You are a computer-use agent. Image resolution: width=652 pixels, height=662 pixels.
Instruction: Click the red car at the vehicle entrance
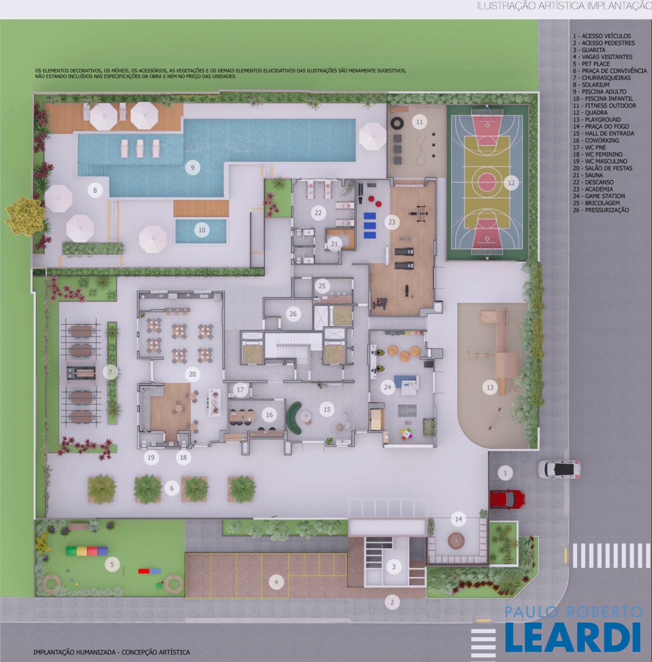click(x=507, y=499)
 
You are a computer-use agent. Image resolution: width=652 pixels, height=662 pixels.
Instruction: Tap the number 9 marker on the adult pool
click(x=193, y=168)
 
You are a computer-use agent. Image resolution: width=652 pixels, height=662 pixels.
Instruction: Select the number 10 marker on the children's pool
click(x=202, y=230)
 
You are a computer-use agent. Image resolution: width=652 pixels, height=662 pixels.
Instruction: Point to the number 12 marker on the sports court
click(x=511, y=183)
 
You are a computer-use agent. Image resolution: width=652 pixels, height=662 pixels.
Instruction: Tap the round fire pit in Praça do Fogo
click(x=456, y=540)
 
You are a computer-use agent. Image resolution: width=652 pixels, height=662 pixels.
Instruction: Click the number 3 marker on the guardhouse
click(x=394, y=567)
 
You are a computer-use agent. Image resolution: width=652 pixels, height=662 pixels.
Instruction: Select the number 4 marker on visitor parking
click(x=276, y=582)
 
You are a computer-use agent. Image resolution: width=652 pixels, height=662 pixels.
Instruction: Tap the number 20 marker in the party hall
click(x=192, y=374)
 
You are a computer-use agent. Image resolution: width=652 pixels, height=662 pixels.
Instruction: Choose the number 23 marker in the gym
click(x=392, y=222)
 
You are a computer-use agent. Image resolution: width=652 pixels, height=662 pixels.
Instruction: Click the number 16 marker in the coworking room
click(x=269, y=415)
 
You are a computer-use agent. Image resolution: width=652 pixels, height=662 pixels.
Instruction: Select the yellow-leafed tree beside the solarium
click(x=25, y=216)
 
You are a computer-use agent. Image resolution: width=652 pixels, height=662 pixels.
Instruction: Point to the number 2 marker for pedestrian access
click(x=392, y=602)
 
